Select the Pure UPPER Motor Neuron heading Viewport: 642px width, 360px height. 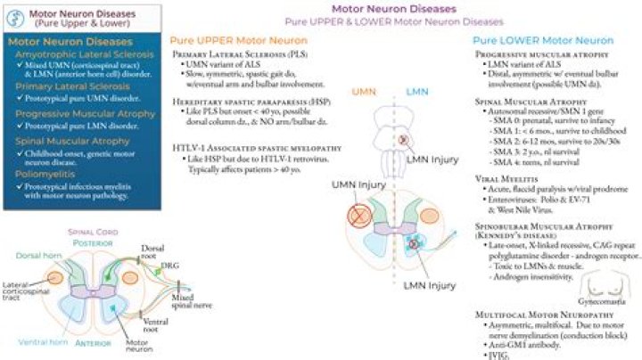pos(234,41)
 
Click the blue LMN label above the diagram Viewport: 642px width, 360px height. pos(417,92)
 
